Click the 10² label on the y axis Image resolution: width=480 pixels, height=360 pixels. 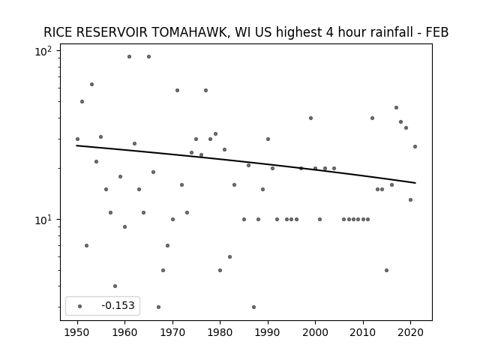(43, 51)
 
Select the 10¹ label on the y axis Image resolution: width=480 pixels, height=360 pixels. (43, 220)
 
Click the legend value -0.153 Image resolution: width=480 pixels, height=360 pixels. (118, 305)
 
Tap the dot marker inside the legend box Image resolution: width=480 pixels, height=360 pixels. (80, 306)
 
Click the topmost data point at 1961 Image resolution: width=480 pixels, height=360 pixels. (129, 57)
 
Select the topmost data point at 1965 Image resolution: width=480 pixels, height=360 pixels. (148, 57)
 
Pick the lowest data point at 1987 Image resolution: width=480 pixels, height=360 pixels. (253, 307)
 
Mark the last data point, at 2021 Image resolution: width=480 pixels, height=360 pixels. (415, 147)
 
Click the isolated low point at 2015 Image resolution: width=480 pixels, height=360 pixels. (387, 270)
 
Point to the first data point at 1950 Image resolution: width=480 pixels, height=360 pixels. (77, 139)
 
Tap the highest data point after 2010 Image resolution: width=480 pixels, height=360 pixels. (396, 108)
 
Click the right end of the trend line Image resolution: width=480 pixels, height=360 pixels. (415, 183)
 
